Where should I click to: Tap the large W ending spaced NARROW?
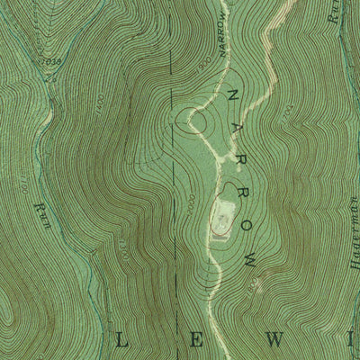point(253,266)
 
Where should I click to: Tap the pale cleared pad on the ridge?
point(221,218)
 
